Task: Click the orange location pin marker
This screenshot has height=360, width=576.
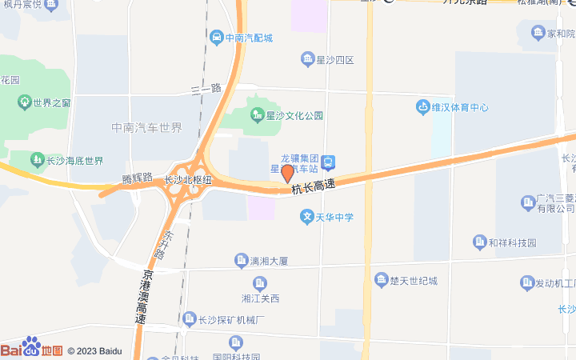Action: [287, 174]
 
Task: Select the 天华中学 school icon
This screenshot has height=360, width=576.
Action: [306, 216]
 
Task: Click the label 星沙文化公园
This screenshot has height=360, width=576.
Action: [294, 116]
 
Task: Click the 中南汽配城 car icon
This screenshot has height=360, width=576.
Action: [217, 38]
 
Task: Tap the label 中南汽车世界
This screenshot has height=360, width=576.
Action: [147, 128]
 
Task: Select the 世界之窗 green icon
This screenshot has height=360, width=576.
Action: [24, 102]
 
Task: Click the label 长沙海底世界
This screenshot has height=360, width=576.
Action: [75, 161]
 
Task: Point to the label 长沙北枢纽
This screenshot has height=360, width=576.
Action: [188, 180]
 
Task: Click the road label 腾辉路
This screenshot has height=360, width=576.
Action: [138, 178]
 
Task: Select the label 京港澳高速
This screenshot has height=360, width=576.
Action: [144, 296]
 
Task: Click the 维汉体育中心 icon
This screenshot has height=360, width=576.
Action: [422, 106]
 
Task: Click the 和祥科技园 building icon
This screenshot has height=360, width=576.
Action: [479, 242]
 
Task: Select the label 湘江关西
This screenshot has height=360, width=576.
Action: [260, 299]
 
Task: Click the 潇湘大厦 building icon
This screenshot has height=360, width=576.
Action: [241, 261]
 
